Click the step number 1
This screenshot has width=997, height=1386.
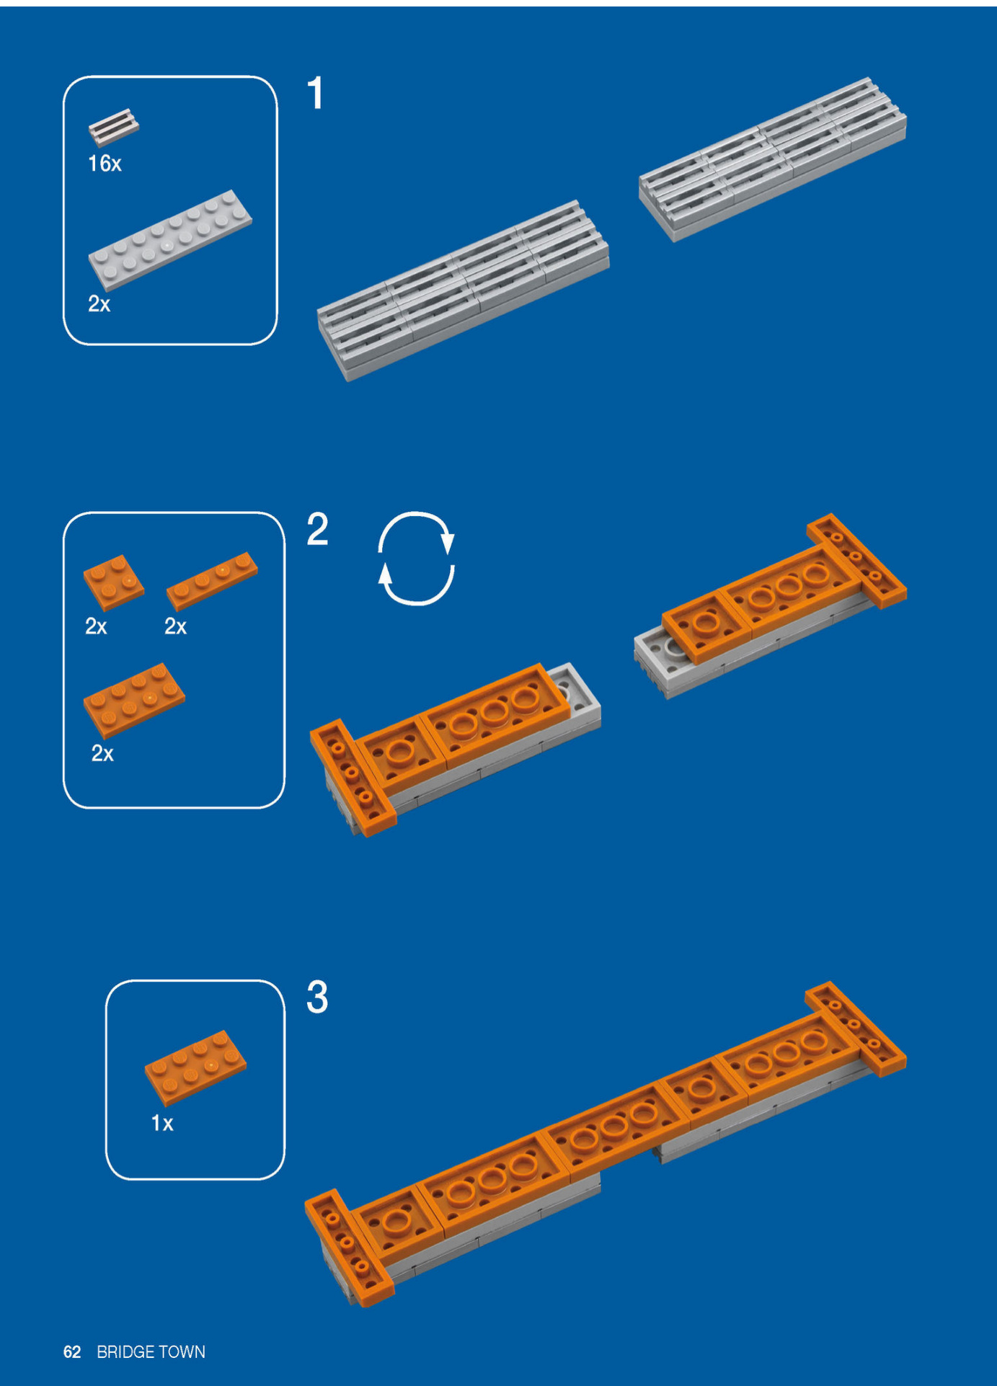click(315, 94)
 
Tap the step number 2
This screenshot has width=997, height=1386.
click(317, 530)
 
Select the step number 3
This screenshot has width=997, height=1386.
click(317, 997)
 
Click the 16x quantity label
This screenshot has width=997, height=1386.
click(105, 164)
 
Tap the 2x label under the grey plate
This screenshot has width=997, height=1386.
click(99, 304)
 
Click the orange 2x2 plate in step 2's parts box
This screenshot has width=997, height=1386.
click(113, 582)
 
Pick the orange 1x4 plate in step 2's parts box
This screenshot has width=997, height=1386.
click(212, 580)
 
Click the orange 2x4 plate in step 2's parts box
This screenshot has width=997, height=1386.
click(134, 699)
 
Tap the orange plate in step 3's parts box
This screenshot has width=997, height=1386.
click(195, 1067)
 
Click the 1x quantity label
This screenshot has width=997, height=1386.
click(162, 1123)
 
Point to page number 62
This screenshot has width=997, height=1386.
click(72, 1351)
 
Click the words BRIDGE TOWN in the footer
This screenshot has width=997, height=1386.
click(151, 1351)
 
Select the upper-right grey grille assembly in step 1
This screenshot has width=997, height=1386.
click(773, 159)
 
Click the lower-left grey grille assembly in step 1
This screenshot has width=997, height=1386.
click(464, 290)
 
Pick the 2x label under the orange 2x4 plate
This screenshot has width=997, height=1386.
click(102, 754)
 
